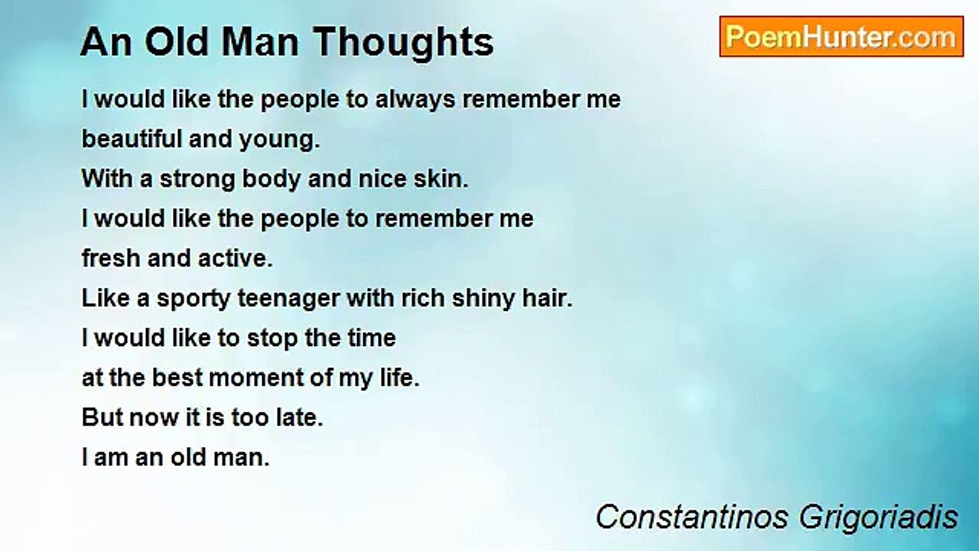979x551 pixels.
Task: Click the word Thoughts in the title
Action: pyautogui.click(x=403, y=43)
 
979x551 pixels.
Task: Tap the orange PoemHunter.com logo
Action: pyautogui.click(x=841, y=37)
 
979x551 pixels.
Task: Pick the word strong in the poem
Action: pyautogui.click(x=197, y=180)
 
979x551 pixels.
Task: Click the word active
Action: pyautogui.click(x=236, y=258)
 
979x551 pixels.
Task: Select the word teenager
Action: pyautogui.click(x=288, y=300)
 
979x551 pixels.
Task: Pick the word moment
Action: pyautogui.click(x=255, y=378)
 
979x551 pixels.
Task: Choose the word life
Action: pyautogui.click(x=399, y=377)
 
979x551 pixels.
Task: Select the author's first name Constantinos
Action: pyautogui.click(x=692, y=517)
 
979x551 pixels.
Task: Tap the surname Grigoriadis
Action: pyautogui.click(x=879, y=519)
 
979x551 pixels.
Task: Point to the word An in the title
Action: pyautogui.click(x=106, y=42)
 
